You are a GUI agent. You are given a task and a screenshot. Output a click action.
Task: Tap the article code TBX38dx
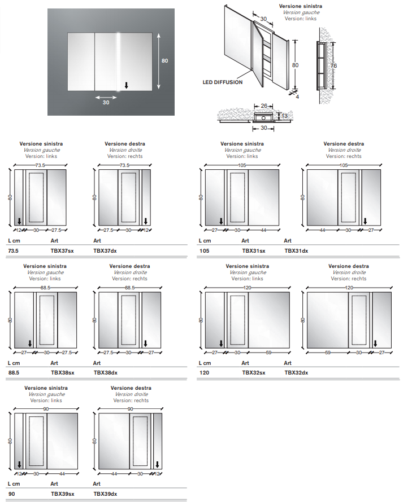(105, 372)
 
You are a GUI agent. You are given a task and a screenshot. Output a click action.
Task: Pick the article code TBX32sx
(253, 372)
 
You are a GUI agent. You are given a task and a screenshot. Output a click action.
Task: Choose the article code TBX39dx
(105, 494)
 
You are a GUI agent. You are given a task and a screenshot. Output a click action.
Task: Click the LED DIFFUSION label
(223, 82)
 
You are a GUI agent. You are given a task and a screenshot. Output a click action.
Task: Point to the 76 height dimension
(333, 66)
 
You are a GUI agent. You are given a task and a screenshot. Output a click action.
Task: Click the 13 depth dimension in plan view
(284, 116)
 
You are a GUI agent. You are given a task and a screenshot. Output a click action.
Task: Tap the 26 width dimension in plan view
(263, 105)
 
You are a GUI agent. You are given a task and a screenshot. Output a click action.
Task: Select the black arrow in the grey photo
(126, 86)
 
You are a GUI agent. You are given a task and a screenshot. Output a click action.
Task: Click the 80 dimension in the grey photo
(165, 61)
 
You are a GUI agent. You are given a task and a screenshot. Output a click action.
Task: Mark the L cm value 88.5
(14, 372)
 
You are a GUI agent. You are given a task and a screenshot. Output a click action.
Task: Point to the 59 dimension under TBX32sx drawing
(269, 353)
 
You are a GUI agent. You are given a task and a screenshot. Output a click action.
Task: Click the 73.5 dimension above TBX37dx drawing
(125, 165)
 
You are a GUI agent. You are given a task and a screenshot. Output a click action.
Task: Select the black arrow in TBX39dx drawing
(157, 465)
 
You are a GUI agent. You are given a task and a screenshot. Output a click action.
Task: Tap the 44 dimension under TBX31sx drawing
(263, 230)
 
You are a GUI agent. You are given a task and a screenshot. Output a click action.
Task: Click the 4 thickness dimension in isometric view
(297, 96)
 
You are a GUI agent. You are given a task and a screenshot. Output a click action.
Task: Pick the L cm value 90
(11, 494)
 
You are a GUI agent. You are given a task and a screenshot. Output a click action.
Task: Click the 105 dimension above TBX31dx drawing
(344, 165)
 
